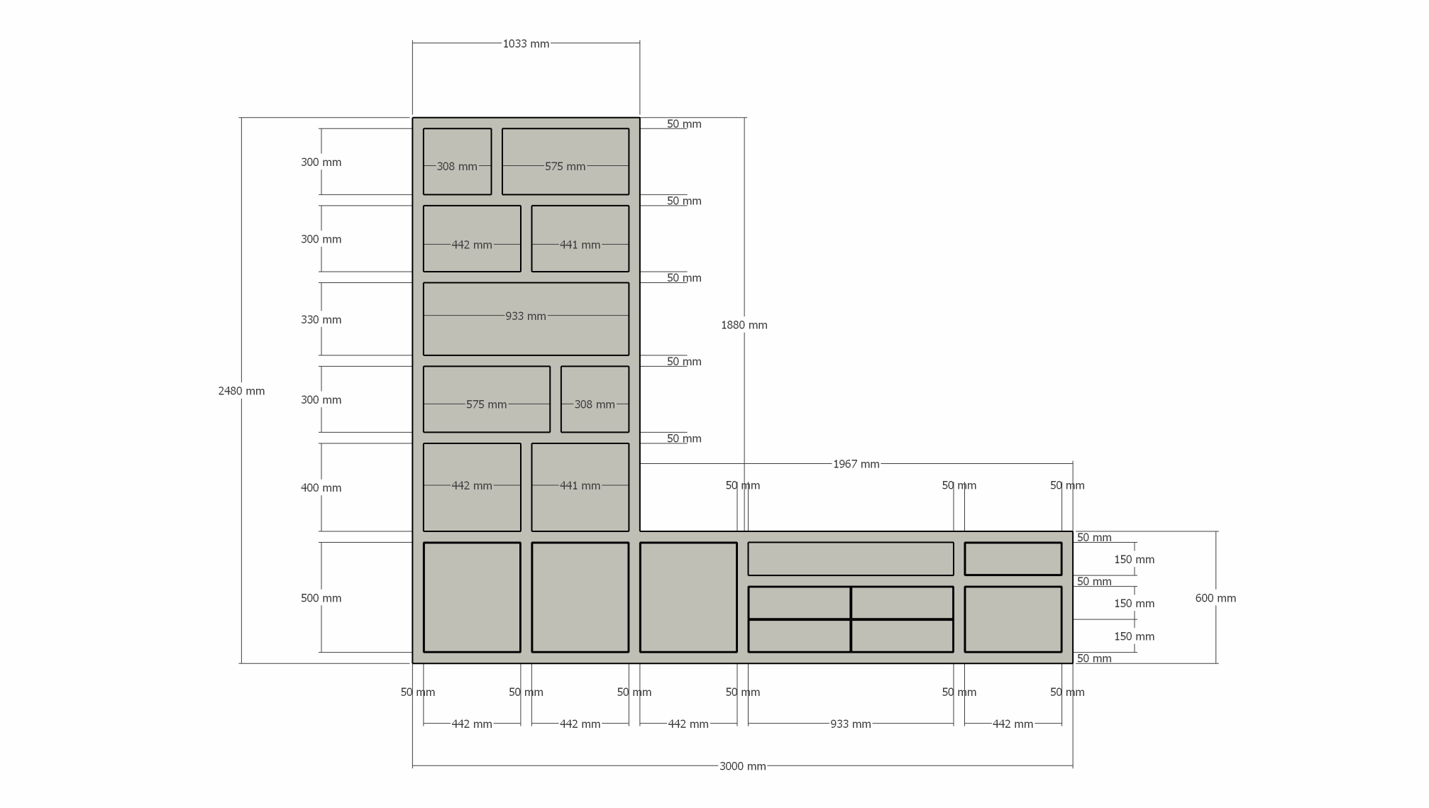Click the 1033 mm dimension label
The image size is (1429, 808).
point(526,44)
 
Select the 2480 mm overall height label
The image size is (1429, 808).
point(241,391)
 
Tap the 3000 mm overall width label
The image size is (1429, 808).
point(742,766)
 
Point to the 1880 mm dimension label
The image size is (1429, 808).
point(744,325)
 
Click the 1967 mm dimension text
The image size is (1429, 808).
point(856,464)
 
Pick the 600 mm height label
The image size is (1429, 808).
point(1215,598)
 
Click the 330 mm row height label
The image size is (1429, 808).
point(321,320)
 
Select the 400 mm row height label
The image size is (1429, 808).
point(321,488)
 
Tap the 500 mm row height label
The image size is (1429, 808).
point(321,598)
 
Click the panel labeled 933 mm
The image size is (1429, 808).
point(526,319)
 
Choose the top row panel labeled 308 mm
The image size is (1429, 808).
point(457,162)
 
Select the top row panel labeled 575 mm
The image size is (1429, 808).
point(565,162)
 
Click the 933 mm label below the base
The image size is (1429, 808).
point(850,724)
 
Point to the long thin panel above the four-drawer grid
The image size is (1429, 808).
point(850,559)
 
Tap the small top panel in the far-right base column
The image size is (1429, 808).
point(1013,559)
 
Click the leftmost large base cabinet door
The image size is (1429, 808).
point(472,597)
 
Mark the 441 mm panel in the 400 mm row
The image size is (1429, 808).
point(580,487)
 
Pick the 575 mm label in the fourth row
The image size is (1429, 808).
point(486,404)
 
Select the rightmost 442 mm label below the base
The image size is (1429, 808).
point(1013,724)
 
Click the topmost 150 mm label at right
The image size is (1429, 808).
point(1134,560)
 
